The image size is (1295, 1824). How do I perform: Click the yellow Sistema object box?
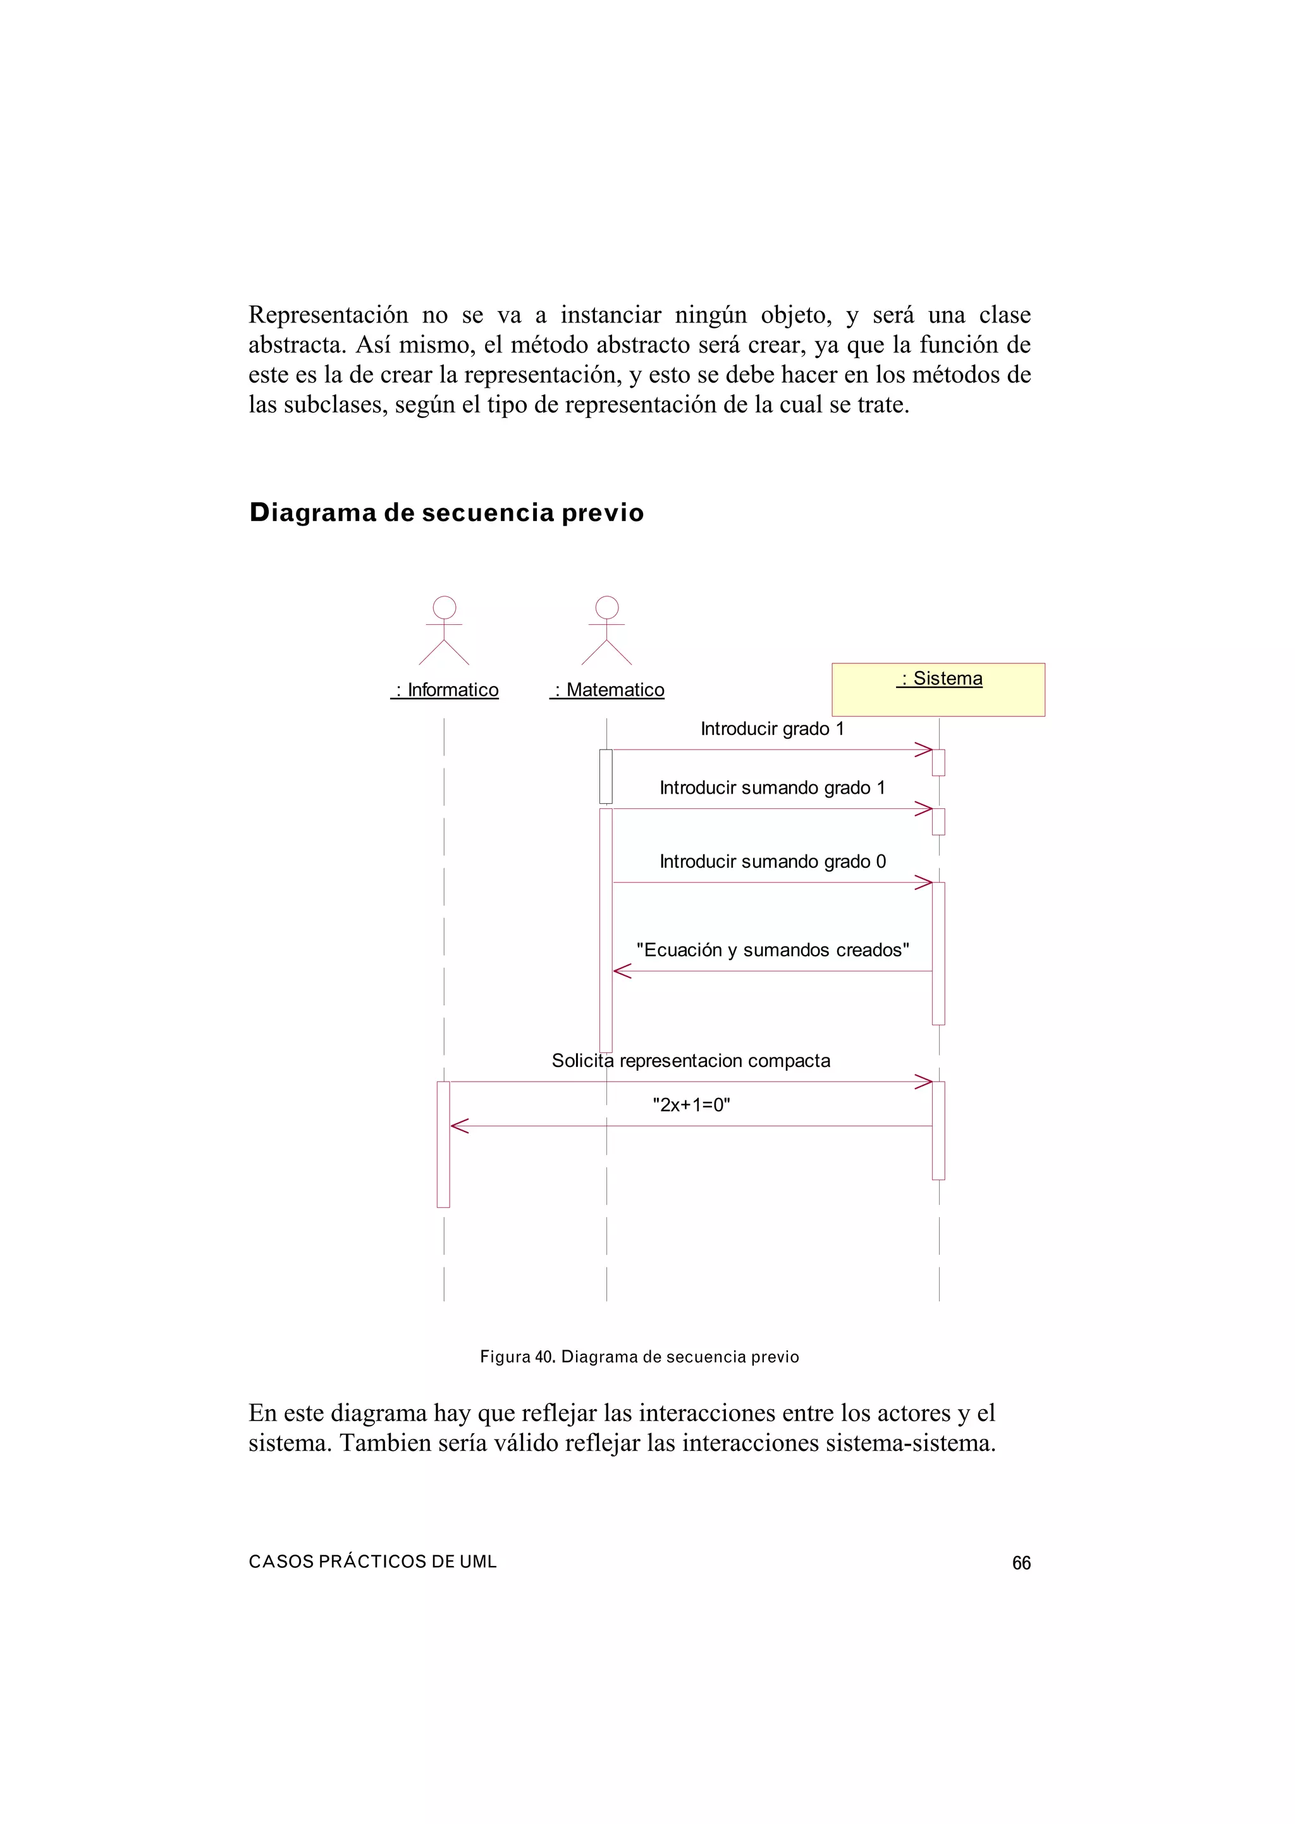click(x=938, y=690)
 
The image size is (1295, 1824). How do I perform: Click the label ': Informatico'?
click(x=445, y=690)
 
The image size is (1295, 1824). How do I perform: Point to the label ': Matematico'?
click(x=608, y=690)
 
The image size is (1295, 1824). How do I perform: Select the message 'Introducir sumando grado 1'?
click(x=772, y=788)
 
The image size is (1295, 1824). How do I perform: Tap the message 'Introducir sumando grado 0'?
click(x=772, y=861)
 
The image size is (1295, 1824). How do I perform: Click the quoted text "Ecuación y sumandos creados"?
click(x=772, y=950)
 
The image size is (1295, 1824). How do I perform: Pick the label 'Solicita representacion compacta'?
click(x=690, y=1061)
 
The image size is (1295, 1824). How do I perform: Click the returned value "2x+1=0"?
click(x=691, y=1105)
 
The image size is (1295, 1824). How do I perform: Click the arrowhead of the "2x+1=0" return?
click(x=459, y=1126)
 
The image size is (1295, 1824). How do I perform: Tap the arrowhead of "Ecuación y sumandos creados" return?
click(x=622, y=971)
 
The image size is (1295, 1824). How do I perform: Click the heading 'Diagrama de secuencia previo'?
click(x=446, y=512)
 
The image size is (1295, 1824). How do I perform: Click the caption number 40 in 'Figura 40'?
click(x=544, y=1357)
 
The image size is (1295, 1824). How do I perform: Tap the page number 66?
click(x=1021, y=1563)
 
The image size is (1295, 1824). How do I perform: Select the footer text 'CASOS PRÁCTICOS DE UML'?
click(x=372, y=1562)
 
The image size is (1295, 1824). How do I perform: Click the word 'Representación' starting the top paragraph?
click(x=328, y=315)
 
